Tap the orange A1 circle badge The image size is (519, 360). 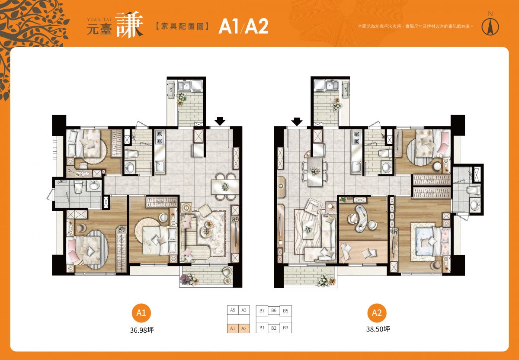(141, 313)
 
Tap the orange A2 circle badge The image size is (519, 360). (377, 313)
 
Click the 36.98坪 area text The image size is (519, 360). (141, 330)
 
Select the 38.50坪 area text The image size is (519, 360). (378, 329)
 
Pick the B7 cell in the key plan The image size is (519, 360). (262, 311)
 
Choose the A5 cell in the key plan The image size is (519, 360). (233, 310)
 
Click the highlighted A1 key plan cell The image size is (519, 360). (233, 328)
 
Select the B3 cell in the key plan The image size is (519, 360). (286, 328)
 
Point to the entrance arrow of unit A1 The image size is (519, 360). (220, 121)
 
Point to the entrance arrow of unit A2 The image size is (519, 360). (297, 122)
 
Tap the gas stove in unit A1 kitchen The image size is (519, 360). (160, 138)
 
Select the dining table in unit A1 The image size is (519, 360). (224, 186)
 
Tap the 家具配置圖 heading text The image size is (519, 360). (182, 26)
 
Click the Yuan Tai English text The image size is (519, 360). (99, 19)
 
